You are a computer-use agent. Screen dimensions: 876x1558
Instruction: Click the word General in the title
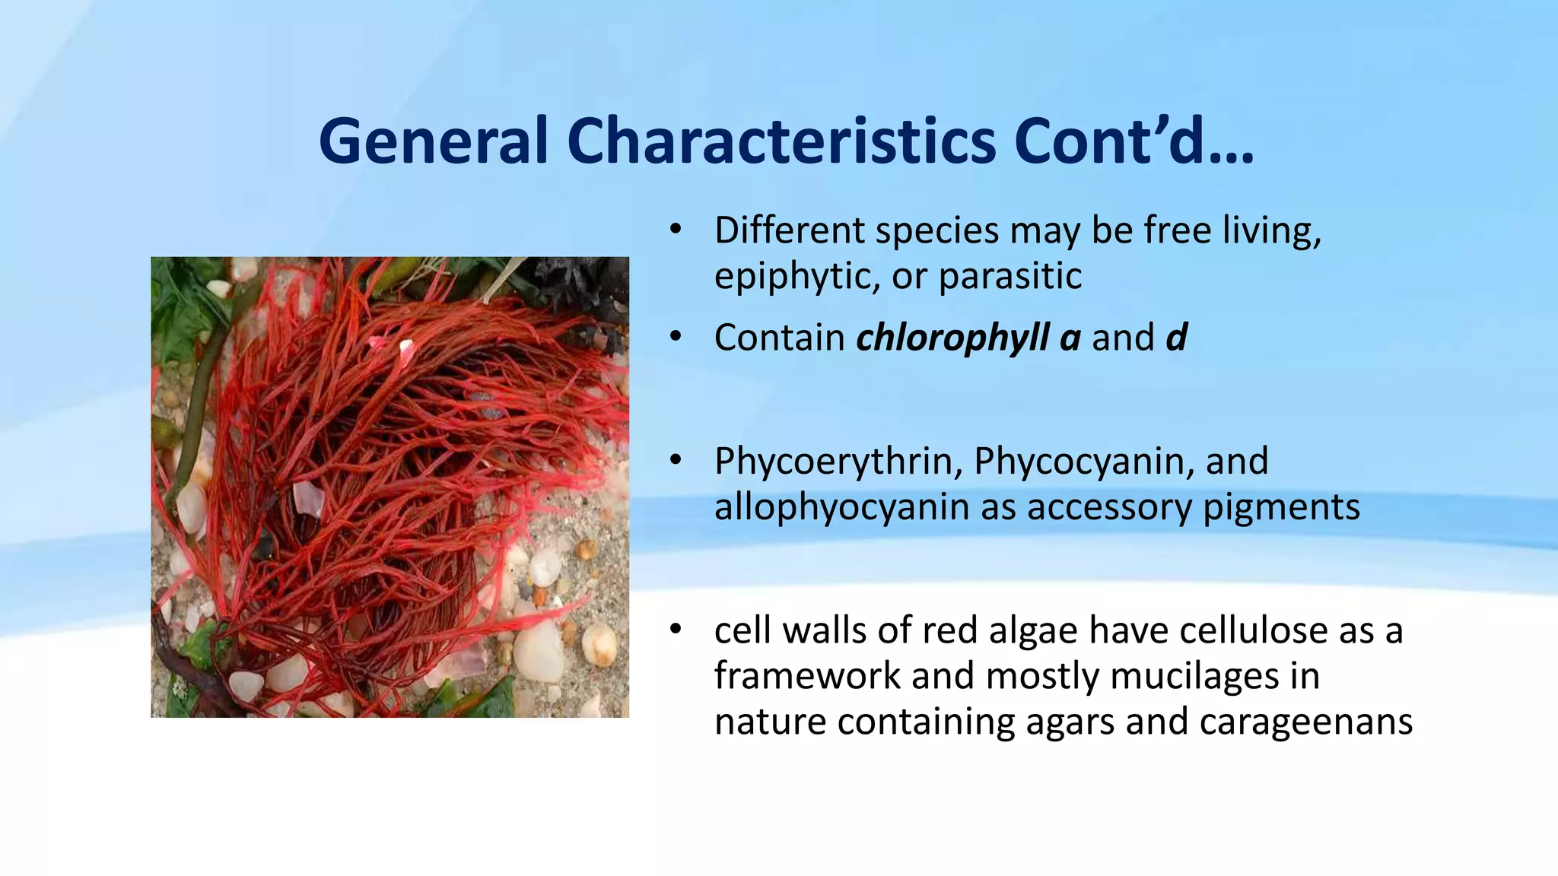[433, 141]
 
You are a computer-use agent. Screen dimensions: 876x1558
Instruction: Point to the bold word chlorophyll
[952, 338]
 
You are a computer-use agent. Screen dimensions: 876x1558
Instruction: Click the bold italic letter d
[1176, 338]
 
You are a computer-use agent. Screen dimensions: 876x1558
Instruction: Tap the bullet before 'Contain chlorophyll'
[675, 338]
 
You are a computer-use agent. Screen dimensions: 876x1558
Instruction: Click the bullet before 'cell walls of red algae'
[675, 630]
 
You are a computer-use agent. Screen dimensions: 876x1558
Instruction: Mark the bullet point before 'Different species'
[675, 230]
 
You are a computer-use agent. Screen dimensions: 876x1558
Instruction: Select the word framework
[806, 676]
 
